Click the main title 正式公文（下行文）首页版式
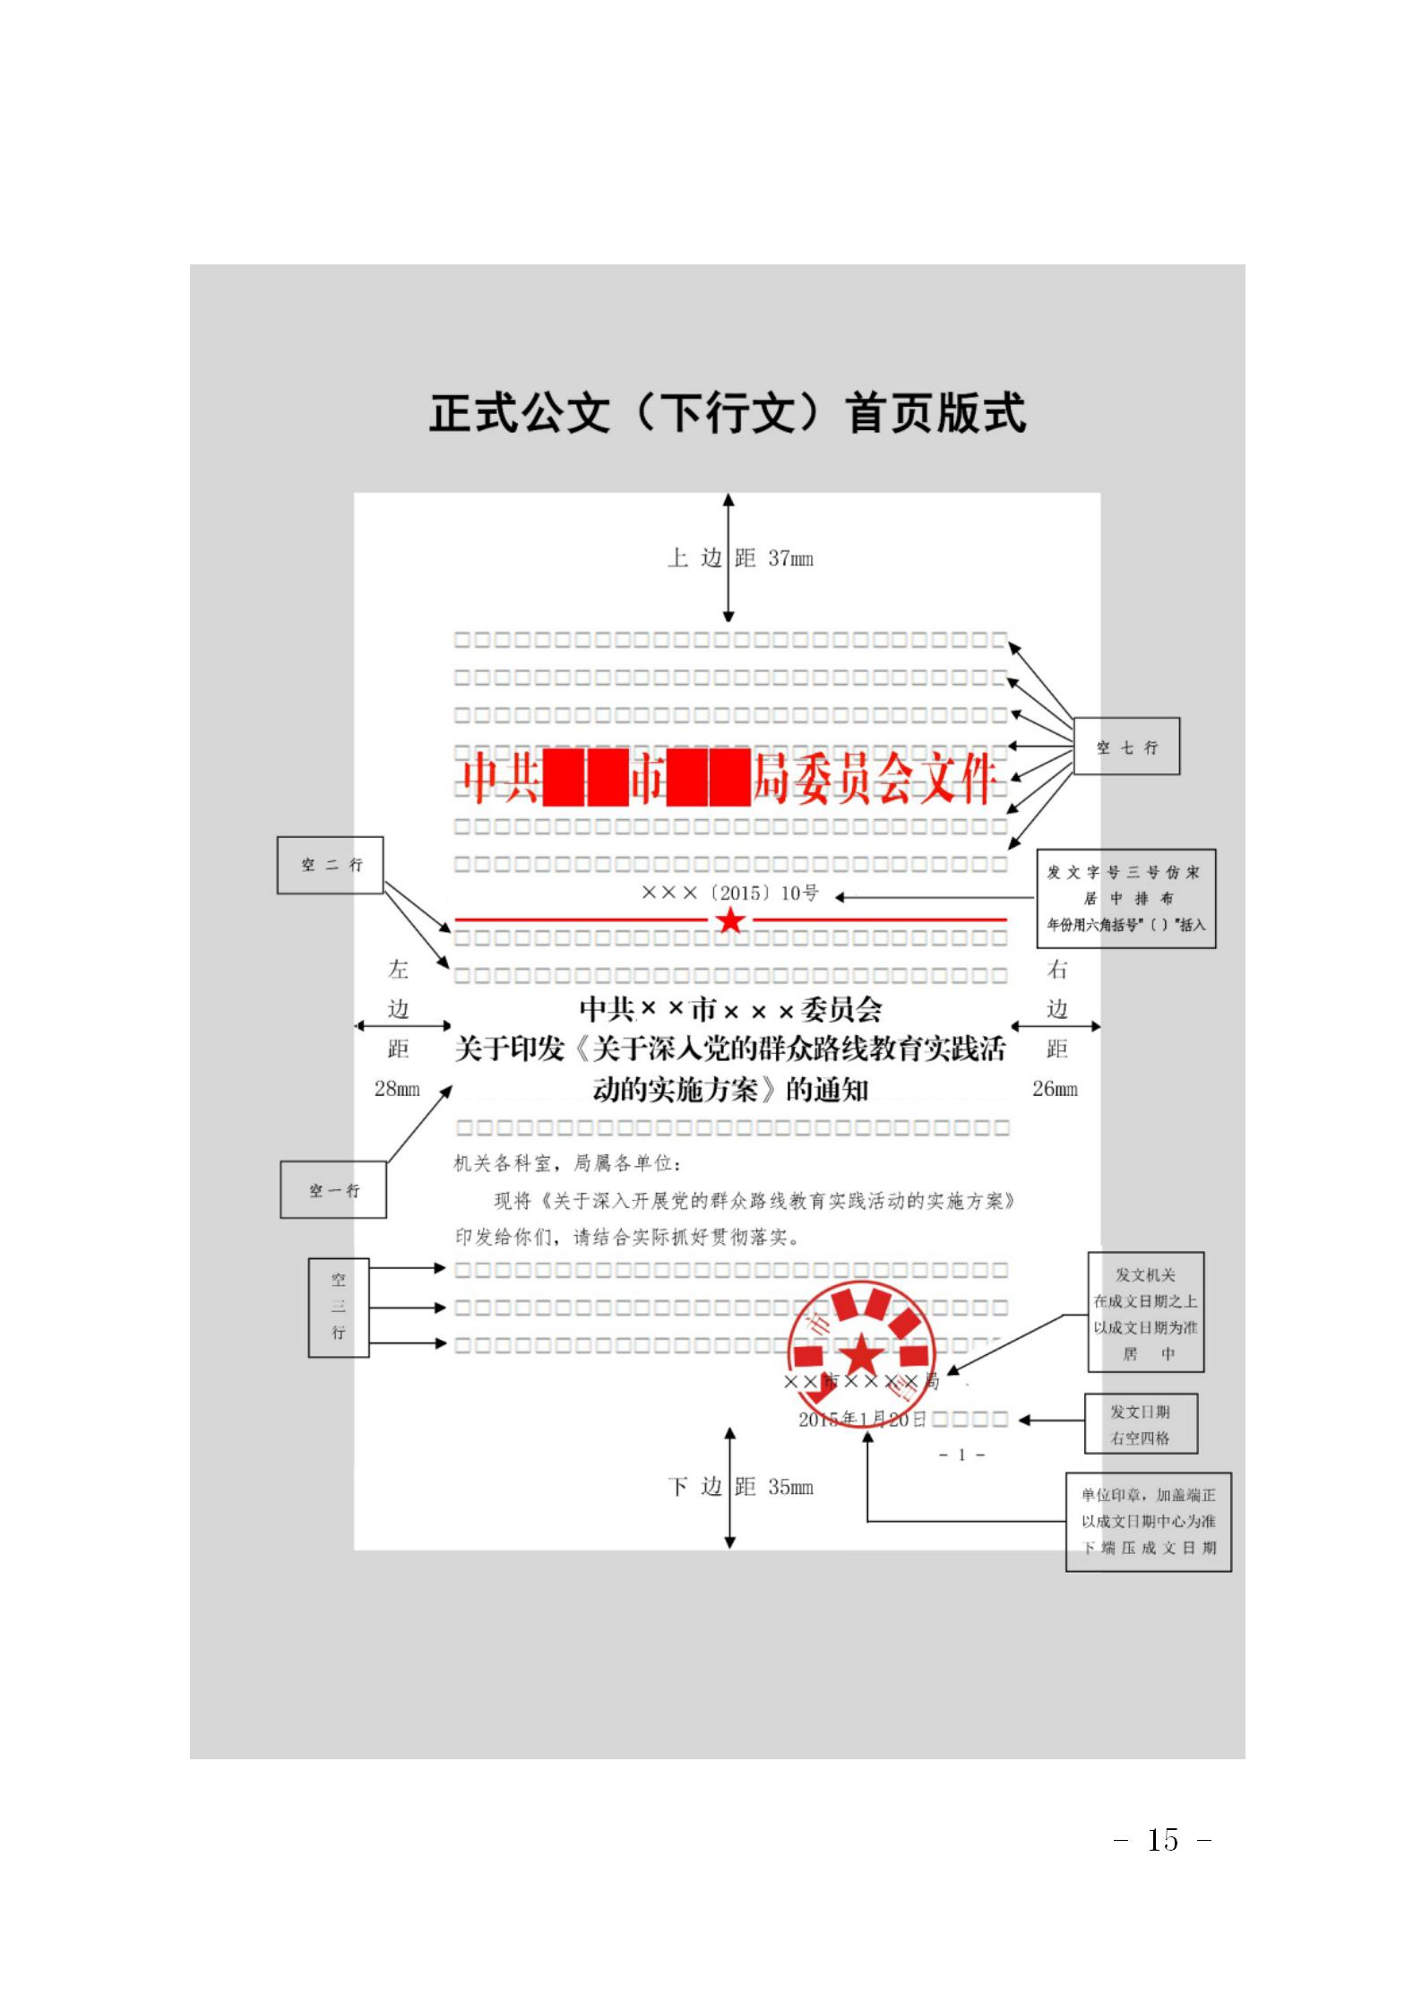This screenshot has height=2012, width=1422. tap(727, 414)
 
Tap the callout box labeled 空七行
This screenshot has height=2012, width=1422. tap(1126, 747)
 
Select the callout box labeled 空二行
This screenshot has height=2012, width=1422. tap(331, 865)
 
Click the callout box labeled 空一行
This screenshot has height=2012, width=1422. tap(333, 1189)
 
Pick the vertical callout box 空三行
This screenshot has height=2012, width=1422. tap(339, 1307)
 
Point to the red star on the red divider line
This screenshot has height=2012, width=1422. tap(731, 920)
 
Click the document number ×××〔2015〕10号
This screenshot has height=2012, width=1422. tap(730, 893)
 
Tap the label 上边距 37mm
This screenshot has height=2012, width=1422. tap(740, 558)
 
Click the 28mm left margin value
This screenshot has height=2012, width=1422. tap(397, 1089)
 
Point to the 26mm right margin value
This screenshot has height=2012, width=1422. tap(1055, 1089)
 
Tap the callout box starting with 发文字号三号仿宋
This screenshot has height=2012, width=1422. tap(1126, 898)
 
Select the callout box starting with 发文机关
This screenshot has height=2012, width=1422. tap(1146, 1313)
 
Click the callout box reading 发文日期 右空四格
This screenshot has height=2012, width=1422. tap(1141, 1424)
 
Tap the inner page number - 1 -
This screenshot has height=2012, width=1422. tap(961, 1455)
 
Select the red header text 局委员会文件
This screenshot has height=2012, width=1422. tap(874, 780)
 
